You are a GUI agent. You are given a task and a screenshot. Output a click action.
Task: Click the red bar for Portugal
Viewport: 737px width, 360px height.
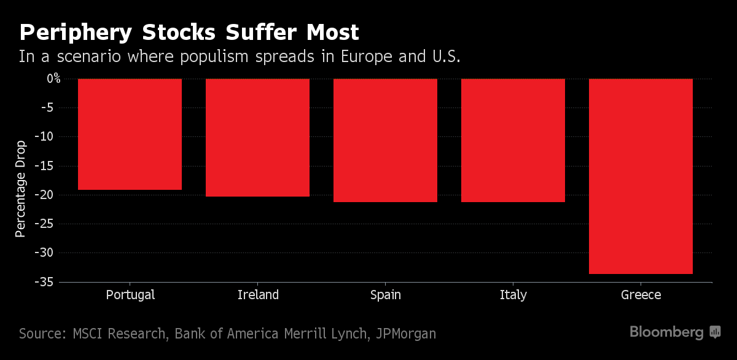pos(130,134)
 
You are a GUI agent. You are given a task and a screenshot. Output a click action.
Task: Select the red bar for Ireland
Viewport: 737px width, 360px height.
pos(257,138)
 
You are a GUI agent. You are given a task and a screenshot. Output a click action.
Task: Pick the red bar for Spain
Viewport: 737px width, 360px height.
pos(385,140)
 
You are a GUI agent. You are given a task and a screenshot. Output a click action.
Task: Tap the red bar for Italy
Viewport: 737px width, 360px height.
pos(513,140)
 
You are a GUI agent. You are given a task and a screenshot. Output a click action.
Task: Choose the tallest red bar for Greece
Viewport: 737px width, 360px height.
pos(641,176)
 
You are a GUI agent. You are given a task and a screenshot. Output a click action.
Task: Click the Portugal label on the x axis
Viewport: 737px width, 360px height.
pos(130,295)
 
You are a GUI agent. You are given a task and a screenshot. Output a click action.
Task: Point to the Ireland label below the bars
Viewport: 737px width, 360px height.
pos(258,295)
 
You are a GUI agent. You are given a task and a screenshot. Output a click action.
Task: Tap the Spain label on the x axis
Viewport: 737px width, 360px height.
pos(386,295)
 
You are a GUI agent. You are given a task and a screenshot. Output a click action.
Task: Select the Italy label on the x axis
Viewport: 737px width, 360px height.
pos(513,295)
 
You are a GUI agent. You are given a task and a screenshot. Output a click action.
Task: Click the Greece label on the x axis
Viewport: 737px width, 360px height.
pos(641,295)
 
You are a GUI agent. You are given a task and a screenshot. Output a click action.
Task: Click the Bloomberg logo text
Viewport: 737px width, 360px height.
pos(666,332)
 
